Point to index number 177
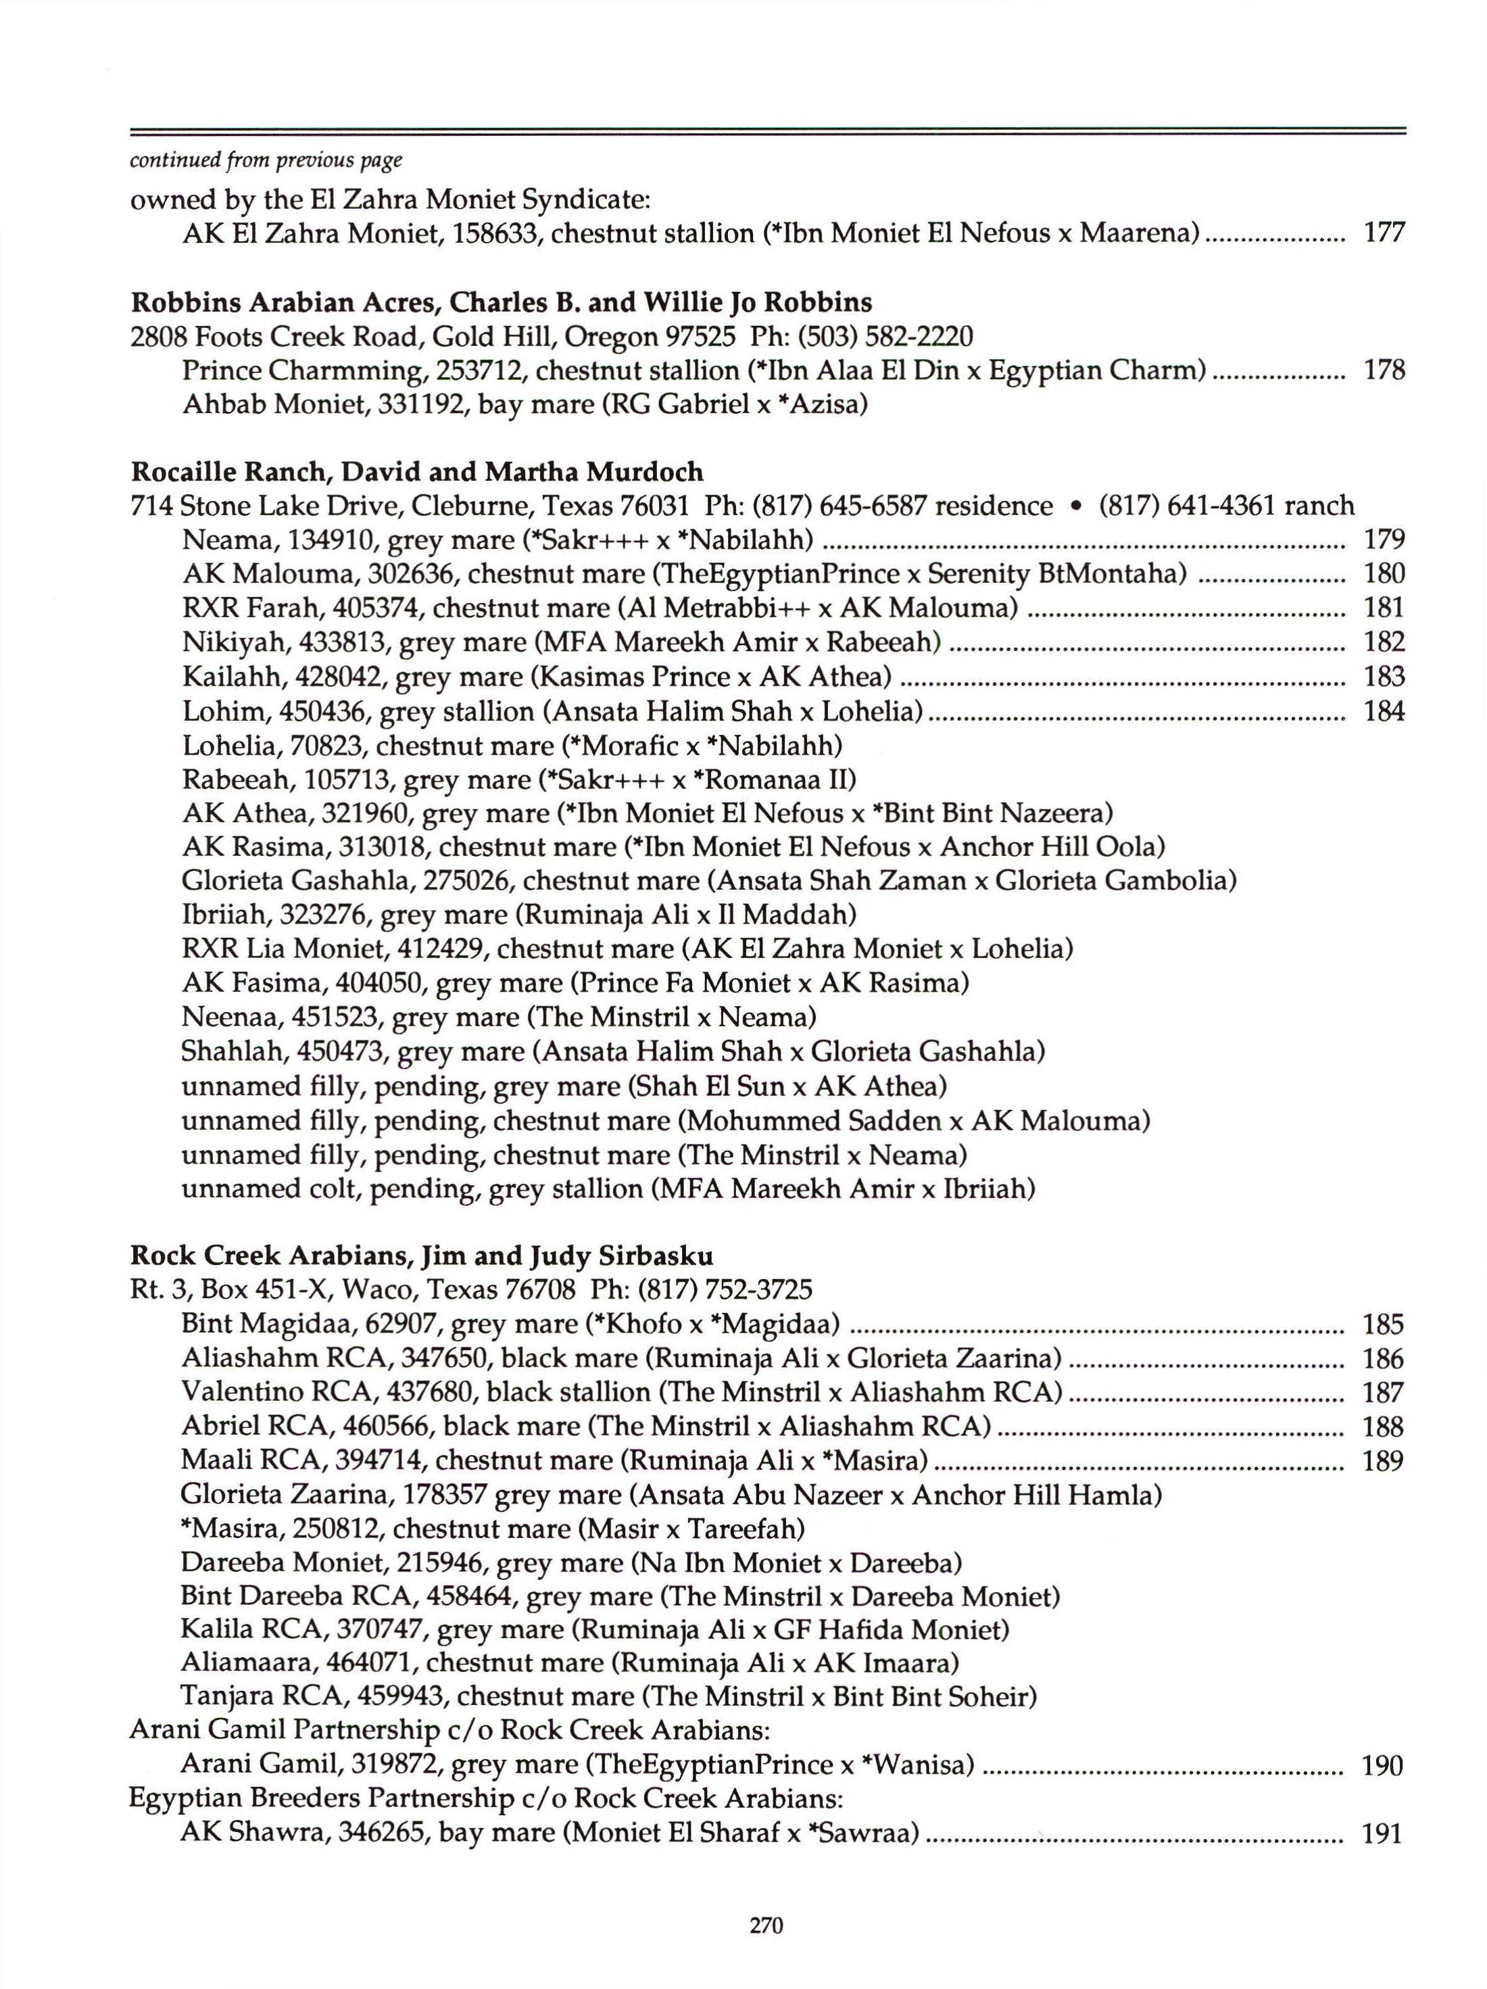[x=1384, y=233]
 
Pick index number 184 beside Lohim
[x=1384, y=711]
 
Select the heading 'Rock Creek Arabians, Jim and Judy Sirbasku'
[x=422, y=1254]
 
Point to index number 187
[x=1383, y=1393]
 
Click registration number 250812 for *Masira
[x=343, y=1529]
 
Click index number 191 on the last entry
[x=1383, y=1834]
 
